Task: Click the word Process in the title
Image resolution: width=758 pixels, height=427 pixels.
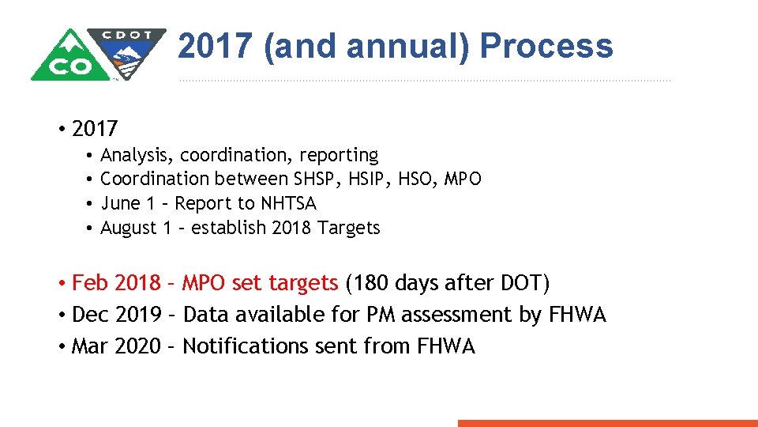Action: [x=546, y=47]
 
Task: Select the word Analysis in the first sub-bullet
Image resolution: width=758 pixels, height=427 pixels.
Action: [x=131, y=155]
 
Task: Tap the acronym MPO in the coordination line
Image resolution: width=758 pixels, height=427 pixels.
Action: [x=463, y=179]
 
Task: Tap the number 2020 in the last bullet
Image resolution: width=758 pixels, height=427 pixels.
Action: [x=137, y=346]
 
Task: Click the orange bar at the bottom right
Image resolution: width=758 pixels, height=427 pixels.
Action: [x=607, y=423]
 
